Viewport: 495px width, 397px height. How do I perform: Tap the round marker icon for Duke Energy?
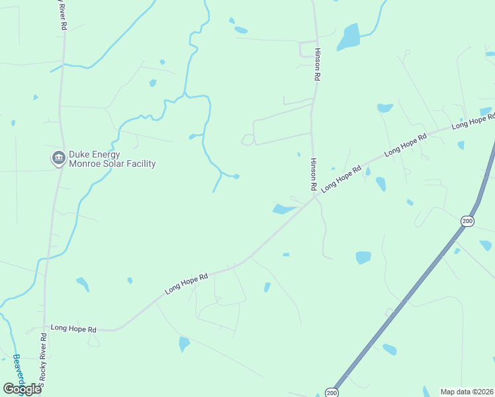click(58, 158)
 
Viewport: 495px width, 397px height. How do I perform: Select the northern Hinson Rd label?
click(318, 64)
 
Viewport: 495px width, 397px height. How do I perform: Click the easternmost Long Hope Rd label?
click(472, 121)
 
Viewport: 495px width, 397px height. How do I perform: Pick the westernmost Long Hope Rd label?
click(73, 328)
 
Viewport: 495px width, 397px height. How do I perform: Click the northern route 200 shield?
click(467, 220)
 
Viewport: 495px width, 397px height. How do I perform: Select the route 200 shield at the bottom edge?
click(332, 392)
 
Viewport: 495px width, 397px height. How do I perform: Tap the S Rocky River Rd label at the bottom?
click(43, 361)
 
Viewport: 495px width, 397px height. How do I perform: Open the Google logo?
click(22, 388)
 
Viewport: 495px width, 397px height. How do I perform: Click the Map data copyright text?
click(467, 392)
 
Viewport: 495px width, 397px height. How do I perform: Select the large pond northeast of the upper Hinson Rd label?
click(349, 38)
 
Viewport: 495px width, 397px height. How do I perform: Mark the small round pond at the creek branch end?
click(236, 176)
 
